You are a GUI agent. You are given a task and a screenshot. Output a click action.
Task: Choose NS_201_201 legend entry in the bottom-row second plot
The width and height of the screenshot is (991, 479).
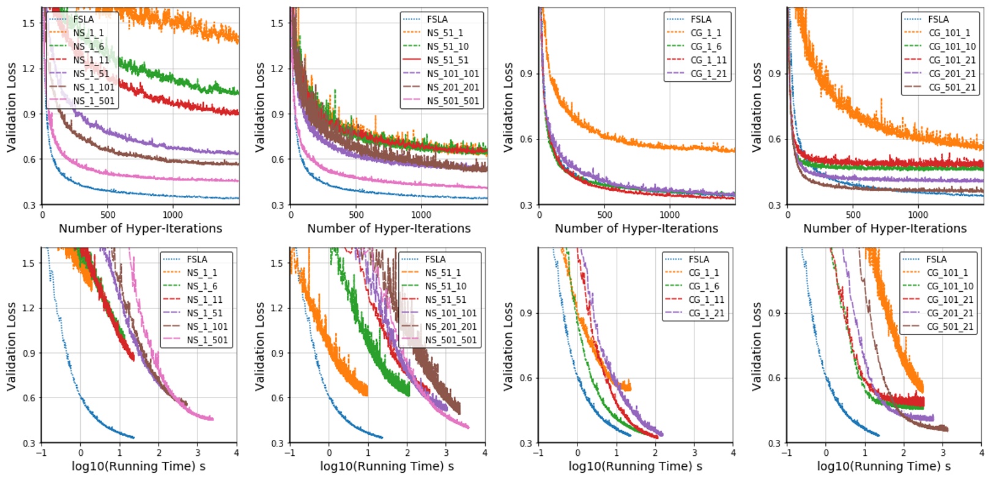pos(451,327)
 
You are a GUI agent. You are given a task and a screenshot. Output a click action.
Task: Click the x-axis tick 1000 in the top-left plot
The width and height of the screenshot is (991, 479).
pos(173,215)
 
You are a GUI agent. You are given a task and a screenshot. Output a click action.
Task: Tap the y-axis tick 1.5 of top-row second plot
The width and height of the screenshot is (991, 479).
pos(277,23)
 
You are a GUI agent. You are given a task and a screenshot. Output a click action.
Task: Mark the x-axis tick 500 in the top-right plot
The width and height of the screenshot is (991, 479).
pos(853,215)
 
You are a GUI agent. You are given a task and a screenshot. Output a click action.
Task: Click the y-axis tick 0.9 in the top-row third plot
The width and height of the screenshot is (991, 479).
pos(526,73)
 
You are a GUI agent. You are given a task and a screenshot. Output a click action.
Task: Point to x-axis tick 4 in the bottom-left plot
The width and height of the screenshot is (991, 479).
pos(237,453)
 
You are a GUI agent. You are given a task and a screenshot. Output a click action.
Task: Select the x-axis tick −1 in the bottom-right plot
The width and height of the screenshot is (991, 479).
pos(787,453)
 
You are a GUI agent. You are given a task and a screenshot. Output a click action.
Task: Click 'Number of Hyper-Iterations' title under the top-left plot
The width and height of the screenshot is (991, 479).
pos(140,228)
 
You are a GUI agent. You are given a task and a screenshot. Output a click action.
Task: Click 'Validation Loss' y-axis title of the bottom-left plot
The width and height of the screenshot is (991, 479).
pos(11,346)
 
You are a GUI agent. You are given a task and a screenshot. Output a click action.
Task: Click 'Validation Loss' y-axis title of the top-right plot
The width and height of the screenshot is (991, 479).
pos(757,106)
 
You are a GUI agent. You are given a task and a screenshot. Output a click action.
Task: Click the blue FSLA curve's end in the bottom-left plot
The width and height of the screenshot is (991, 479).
pos(133,437)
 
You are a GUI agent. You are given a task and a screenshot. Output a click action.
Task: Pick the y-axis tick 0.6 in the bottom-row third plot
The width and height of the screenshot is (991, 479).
pos(526,378)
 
